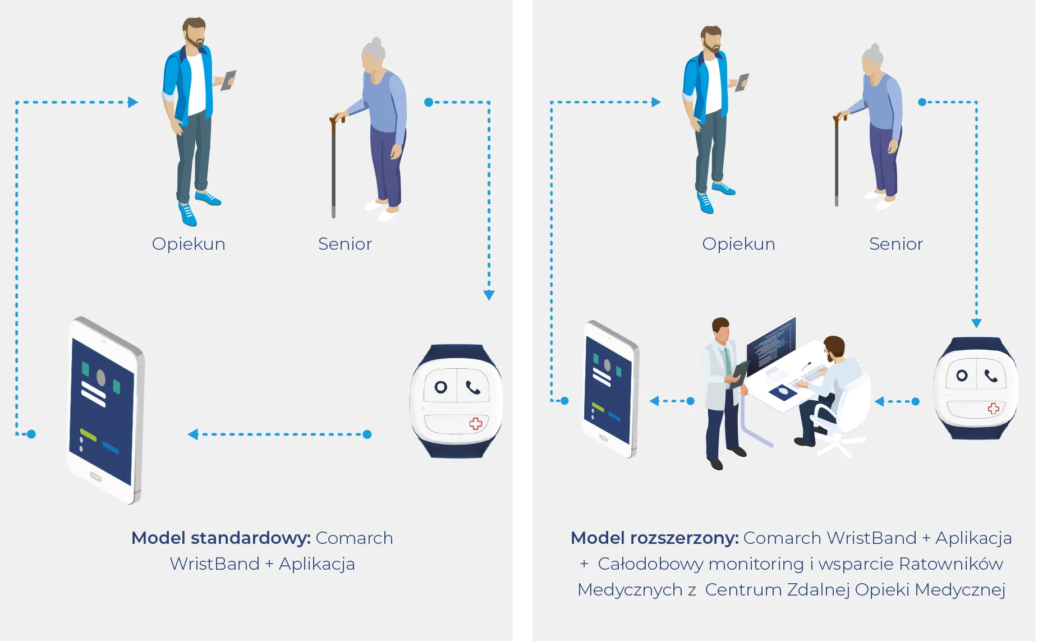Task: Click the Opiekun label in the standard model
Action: click(189, 244)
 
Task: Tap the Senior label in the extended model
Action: click(895, 244)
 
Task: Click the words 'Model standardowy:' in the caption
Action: click(221, 538)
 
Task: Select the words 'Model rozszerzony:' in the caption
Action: click(655, 538)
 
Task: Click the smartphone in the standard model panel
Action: click(105, 410)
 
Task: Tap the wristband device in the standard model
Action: click(457, 401)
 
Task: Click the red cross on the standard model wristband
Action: click(476, 423)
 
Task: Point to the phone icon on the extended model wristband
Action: click(991, 376)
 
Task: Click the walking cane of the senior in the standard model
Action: click(334, 166)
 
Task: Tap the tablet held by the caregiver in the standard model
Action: click(229, 80)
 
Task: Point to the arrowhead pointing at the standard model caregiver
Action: click(133, 102)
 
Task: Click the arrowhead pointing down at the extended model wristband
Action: click(976, 323)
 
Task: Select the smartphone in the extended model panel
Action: click(610, 389)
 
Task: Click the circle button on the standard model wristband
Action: click(441, 387)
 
